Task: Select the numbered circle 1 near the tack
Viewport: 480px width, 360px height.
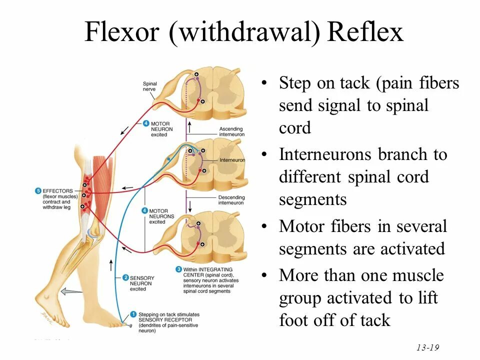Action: coord(133,314)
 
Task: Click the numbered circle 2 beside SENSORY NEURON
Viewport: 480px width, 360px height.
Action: coord(125,278)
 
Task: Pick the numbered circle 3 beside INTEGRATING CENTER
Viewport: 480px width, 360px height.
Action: coord(179,269)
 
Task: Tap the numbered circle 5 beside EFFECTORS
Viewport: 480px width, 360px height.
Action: coord(38,190)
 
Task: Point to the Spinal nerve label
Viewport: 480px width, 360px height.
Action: coord(149,86)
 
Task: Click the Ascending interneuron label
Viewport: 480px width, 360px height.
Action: coord(231,131)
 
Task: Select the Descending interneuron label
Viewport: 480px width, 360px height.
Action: coord(231,200)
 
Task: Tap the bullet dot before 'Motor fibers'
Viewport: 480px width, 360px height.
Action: coord(265,227)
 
